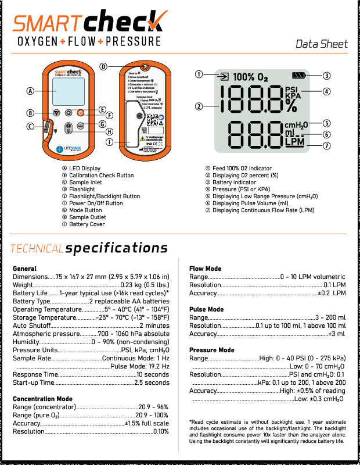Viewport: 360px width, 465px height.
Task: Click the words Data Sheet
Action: [x=322, y=44]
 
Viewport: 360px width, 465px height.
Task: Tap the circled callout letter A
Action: [x=30, y=91]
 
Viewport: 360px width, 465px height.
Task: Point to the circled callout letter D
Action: [x=103, y=66]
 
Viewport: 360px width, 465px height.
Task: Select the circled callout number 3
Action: [x=327, y=75]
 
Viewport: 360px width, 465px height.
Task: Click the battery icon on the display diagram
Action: [x=298, y=76]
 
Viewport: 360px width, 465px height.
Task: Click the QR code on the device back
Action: [x=152, y=120]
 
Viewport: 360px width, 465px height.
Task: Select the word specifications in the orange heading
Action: [x=117, y=249]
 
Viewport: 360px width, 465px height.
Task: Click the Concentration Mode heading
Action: [x=42, y=399]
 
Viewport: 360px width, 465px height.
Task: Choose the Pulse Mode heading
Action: [x=206, y=310]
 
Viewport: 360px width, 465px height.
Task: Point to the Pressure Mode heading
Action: [x=212, y=350]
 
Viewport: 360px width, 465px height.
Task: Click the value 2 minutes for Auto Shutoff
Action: [x=154, y=326]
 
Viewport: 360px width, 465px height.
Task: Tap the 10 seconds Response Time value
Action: [x=153, y=375]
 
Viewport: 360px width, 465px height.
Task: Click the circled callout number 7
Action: [x=327, y=145]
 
